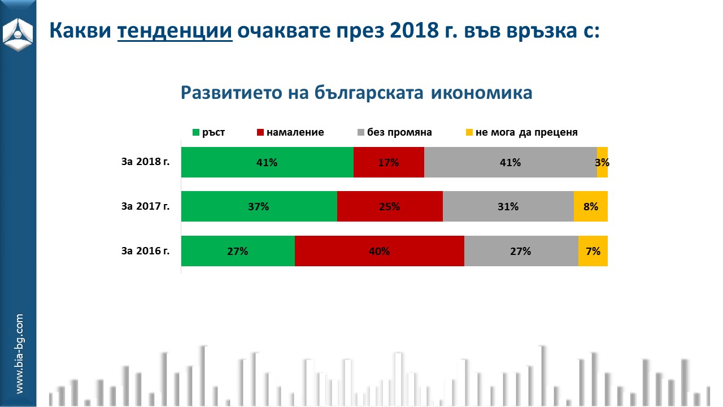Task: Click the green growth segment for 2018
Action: pos(267,162)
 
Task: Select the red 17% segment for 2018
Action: pos(389,162)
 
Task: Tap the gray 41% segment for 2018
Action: pos(510,162)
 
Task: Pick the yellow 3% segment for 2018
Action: pos(602,162)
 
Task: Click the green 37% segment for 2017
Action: pos(259,206)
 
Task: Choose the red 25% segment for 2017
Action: pos(390,206)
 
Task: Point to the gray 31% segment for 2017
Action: pos(508,206)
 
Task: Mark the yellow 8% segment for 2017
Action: pos(591,206)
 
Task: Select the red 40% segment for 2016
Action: pos(380,251)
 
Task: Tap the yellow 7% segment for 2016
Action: pos(593,251)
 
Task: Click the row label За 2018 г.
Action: pos(145,162)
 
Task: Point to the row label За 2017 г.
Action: pos(145,206)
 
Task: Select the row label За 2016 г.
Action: pos(145,251)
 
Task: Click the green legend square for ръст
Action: pos(196,133)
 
